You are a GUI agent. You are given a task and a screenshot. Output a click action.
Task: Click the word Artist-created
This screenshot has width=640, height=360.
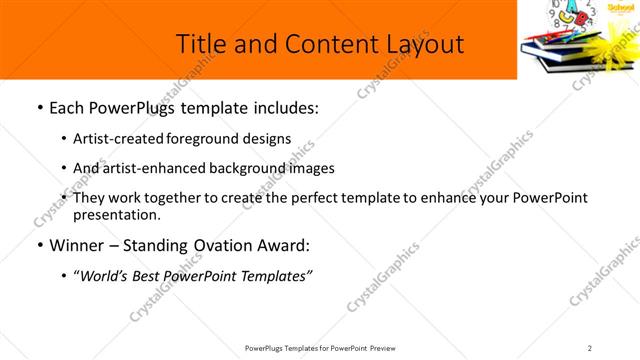coord(112,139)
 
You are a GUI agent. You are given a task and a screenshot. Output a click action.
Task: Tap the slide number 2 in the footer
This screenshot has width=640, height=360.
coord(589,347)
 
